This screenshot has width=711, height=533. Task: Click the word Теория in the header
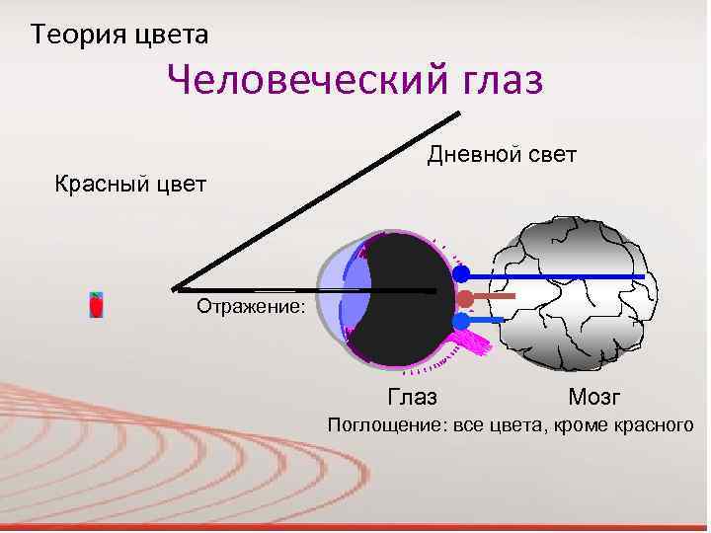(73, 37)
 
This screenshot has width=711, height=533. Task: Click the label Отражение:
(251, 307)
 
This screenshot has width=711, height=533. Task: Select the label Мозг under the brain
(594, 398)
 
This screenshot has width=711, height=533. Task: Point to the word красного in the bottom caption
(648, 425)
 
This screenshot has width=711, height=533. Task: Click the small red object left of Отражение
(96, 305)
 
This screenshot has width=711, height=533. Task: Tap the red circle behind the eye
(464, 298)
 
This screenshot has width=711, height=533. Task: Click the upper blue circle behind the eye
(461, 274)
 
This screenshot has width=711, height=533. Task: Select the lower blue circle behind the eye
(461, 321)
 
